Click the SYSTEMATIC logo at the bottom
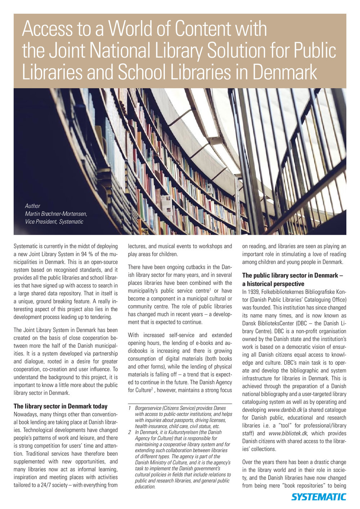click(319, 497)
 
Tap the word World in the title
click(136, 29)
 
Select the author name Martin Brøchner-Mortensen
click(56, 214)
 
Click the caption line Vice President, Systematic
click(54, 222)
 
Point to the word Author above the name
click(32, 206)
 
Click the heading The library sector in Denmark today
click(60, 406)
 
